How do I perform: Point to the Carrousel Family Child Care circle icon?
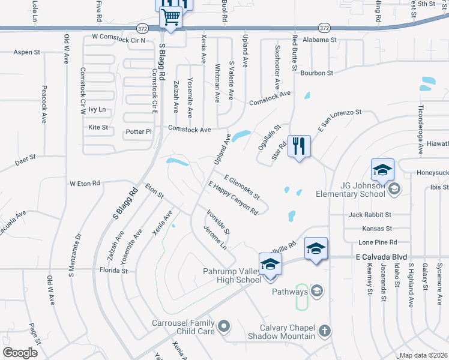(224, 327)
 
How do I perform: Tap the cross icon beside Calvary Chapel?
(324, 331)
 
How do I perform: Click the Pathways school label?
(289, 292)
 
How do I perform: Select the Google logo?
(20, 352)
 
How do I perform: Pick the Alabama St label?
(320, 40)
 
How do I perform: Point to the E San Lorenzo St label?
(340, 119)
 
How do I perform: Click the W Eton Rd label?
(85, 183)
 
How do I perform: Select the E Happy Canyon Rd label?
(233, 198)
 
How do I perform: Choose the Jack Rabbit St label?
(370, 214)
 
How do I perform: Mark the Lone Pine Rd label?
(378, 242)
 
